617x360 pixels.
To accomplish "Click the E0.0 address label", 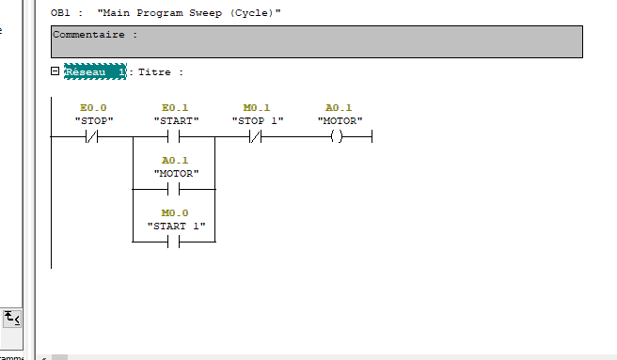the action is pyautogui.click(x=93, y=108).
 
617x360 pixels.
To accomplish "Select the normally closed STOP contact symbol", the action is pyautogui.click(x=91, y=137).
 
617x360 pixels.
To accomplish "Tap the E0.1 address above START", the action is pyautogui.click(x=175, y=108).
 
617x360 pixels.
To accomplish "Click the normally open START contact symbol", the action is pyautogui.click(x=173, y=137).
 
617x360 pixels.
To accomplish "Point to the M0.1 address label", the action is pyautogui.click(x=257, y=108).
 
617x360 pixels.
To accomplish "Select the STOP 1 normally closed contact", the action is pyautogui.click(x=256, y=137).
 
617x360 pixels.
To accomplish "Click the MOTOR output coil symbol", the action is pyautogui.click(x=337, y=137).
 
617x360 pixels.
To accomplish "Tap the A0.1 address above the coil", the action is pyautogui.click(x=339, y=108).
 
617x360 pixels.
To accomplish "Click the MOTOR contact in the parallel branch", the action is pyautogui.click(x=173, y=190).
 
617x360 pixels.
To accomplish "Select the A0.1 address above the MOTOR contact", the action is pyautogui.click(x=175, y=161).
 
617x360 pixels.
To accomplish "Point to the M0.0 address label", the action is pyautogui.click(x=175, y=213).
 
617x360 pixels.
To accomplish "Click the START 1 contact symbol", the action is pyautogui.click(x=173, y=242).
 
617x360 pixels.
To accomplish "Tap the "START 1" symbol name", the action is pyautogui.click(x=176, y=227).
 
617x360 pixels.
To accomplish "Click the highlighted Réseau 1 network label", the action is pyautogui.click(x=95, y=71).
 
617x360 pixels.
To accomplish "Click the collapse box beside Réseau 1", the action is pyautogui.click(x=55, y=71).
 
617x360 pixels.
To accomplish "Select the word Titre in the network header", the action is pyautogui.click(x=154, y=72).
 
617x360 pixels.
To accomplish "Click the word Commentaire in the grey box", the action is pyautogui.click(x=89, y=35).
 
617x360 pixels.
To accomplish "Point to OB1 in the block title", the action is pyautogui.click(x=60, y=13).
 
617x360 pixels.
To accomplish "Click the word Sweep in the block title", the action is pyautogui.click(x=205, y=13).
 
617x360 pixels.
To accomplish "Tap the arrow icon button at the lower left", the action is pyautogui.click(x=12, y=319).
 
